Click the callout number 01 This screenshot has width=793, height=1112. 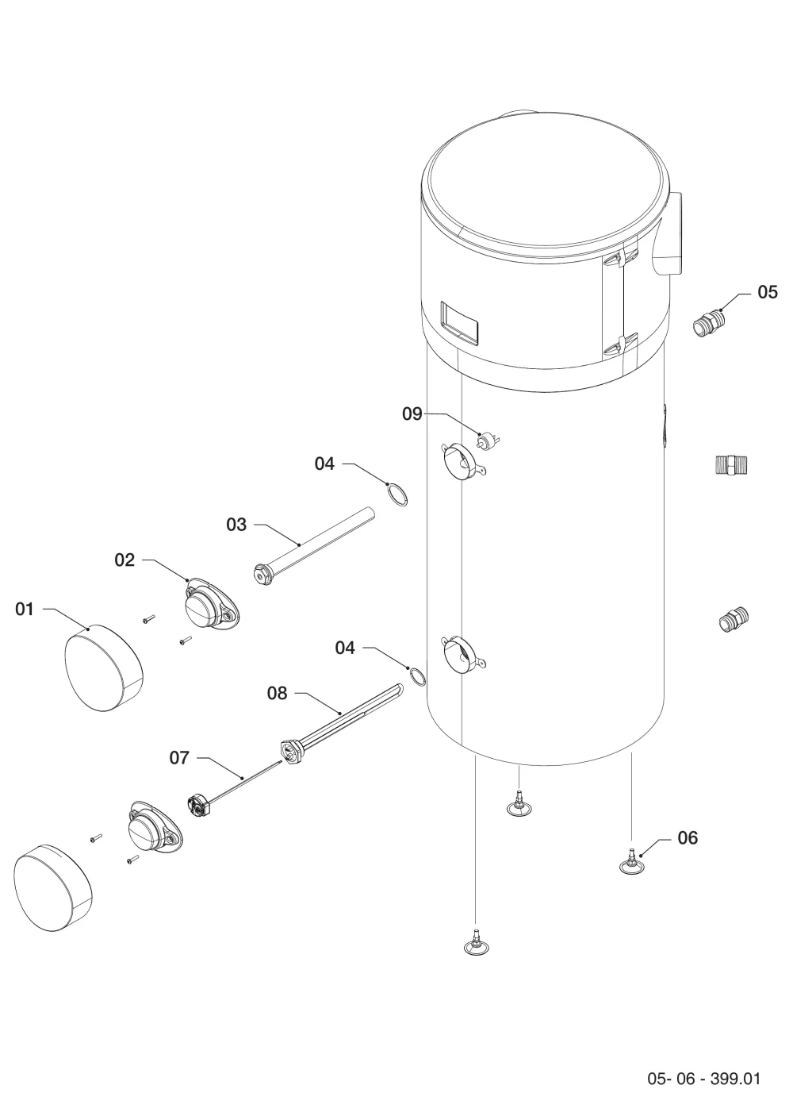24,609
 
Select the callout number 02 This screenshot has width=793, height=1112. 125,560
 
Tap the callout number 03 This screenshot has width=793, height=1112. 236,525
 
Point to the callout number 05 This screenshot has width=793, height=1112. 767,292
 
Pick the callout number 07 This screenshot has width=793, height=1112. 179,758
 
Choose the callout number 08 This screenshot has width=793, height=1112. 278,694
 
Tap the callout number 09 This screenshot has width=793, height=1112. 412,414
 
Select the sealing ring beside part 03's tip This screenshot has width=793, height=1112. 397,495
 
